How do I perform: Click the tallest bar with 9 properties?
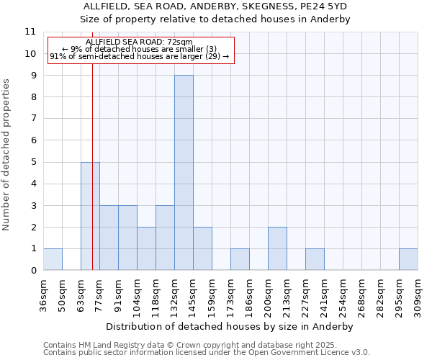coord(184,173)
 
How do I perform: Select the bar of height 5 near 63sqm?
coord(90,216)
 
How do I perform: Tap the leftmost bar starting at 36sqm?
coord(53,259)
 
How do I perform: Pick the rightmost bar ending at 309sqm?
coord(408,259)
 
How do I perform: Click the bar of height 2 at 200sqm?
coord(277,248)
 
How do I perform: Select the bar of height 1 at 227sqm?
coord(315,259)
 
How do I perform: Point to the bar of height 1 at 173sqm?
coord(240,259)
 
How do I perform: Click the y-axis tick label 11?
coord(30,32)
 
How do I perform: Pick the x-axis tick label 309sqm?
coord(418,294)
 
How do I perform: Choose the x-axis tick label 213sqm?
coord(287,294)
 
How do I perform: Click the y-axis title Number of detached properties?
coord(7,155)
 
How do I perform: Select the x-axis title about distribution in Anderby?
coord(230,326)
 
